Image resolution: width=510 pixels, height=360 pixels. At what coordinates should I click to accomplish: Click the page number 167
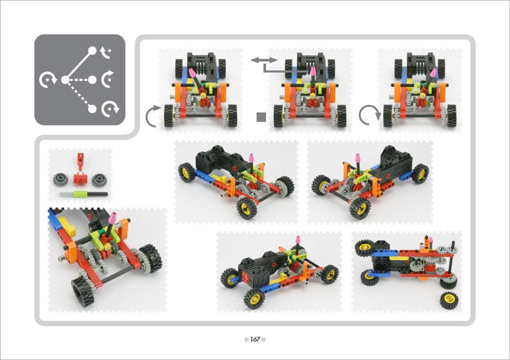255,340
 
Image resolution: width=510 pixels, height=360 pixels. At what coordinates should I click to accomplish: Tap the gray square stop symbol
261,117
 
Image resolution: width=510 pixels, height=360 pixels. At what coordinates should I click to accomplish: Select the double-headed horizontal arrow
264,60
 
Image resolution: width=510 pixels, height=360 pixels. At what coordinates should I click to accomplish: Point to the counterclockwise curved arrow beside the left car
150,116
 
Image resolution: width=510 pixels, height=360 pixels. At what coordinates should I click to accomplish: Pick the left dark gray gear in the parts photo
60,180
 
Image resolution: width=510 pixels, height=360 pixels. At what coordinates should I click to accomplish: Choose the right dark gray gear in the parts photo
99,180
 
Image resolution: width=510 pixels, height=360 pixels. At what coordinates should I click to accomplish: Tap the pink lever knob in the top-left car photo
192,73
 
